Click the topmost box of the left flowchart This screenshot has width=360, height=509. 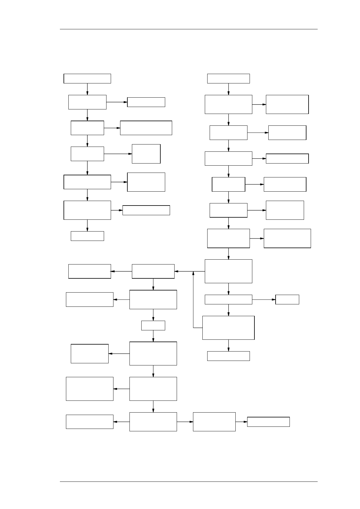click(87, 78)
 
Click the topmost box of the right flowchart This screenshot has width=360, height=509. click(228, 78)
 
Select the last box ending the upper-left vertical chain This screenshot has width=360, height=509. click(87, 236)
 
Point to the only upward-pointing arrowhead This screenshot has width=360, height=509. click(193, 273)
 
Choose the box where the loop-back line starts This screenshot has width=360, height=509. click(228, 328)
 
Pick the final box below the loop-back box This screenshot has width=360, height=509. click(228, 356)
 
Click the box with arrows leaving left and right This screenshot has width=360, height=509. click(153, 422)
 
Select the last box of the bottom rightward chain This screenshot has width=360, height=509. click(268, 422)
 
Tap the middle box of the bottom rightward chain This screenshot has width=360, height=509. click(214, 422)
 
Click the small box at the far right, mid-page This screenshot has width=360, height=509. click(287, 300)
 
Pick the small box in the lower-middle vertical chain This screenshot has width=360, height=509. click(153, 326)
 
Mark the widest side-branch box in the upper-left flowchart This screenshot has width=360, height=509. click(146, 128)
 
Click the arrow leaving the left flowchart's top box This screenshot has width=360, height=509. click(87, 89)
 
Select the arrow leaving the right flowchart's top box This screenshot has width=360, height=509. click(228, 89)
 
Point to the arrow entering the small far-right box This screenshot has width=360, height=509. click(264, 300)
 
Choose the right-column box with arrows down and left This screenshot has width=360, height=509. click(228, 271)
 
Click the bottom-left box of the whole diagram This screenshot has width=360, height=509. click(90, 422)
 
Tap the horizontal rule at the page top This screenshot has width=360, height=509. click(188, 29)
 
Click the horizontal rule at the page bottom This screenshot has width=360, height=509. click(188, 481)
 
